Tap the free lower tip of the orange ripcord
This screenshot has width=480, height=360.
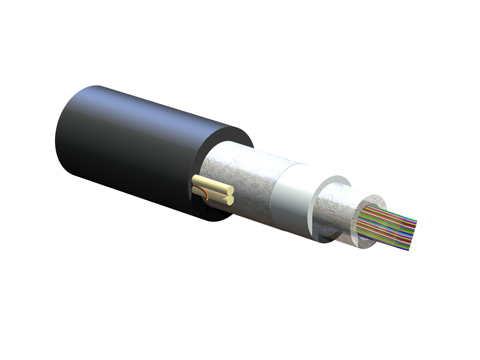click(x=208, y=200)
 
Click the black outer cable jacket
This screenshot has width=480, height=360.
click(x=120, y=152)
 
